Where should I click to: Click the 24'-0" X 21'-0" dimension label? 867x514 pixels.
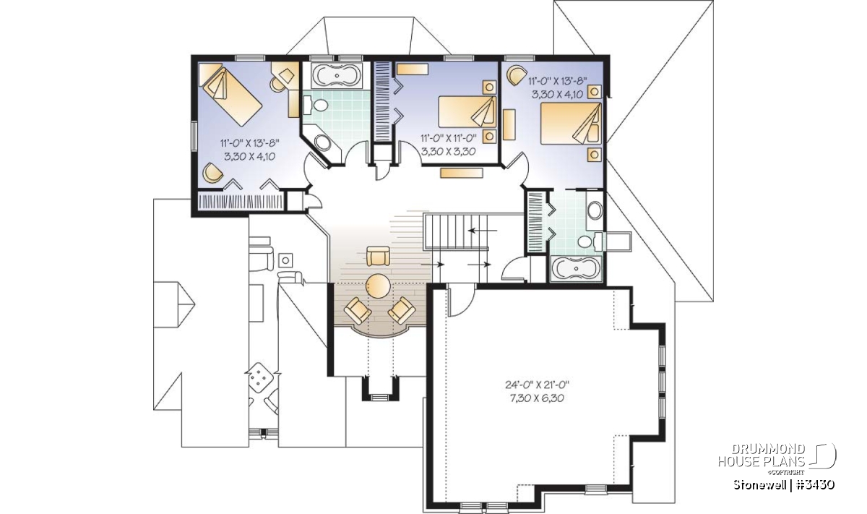pos(537,385)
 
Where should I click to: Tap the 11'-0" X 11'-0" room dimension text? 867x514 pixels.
pos(448,137)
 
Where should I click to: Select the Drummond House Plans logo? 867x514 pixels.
pos(777,461)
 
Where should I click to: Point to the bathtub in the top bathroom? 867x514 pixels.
pos(336,75)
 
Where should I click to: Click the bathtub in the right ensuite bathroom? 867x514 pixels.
pos(576,268)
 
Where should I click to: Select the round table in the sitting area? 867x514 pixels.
pos(378,286)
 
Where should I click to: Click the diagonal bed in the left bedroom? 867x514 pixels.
pos(230,95)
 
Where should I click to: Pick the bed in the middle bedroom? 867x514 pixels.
pos(467,112)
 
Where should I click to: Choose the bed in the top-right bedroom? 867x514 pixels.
pos(571,123)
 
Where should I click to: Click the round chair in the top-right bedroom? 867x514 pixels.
pos(517,74)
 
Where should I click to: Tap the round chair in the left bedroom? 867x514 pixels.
pos(212,172)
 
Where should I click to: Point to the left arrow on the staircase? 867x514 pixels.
pos(483,231)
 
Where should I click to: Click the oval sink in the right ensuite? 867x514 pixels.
pos(595,210)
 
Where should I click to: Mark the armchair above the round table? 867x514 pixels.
pos(378,256)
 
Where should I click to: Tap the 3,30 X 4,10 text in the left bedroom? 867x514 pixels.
pos(250,156)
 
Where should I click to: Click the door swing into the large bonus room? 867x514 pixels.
pos(462,300)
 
